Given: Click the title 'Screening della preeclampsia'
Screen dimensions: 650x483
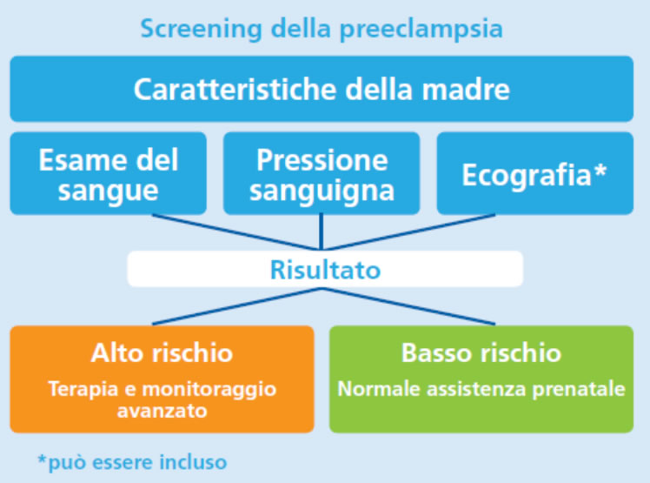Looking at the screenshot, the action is click(322, 29).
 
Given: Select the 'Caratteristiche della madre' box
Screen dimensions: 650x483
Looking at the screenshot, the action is click(322, 89).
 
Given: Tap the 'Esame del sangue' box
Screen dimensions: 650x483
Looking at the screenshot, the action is click(109, 173).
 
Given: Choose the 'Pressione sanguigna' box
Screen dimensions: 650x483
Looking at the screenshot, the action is click(322, 173).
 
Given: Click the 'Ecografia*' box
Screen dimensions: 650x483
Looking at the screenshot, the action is click(535, 173).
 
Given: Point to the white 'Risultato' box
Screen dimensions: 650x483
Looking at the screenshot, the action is click(325, 269).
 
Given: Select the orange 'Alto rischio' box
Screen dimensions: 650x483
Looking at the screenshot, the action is click(162, 379).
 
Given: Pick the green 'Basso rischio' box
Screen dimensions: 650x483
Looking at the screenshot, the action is click(481, 379).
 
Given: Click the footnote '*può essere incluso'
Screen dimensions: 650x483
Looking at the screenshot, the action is click(132, 462).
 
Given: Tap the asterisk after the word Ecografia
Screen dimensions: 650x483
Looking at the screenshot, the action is click(600, 170).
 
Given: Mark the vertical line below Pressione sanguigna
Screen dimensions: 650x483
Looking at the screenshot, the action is click(322, 232).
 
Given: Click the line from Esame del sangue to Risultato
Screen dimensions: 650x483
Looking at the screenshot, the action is click(236, 232).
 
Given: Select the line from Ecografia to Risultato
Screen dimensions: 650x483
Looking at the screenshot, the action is click(408, 232).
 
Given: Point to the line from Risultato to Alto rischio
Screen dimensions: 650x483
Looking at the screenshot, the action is click(236, 306).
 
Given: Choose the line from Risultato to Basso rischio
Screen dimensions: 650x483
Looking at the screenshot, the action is click(408, 306).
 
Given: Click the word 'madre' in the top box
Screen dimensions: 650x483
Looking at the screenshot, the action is click(466, 90).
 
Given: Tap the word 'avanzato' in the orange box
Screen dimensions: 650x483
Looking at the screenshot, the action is click(162, 411).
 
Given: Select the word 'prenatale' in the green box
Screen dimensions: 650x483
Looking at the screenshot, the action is click(579, 390).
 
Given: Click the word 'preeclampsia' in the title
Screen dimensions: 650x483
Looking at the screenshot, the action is click(421, 30).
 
